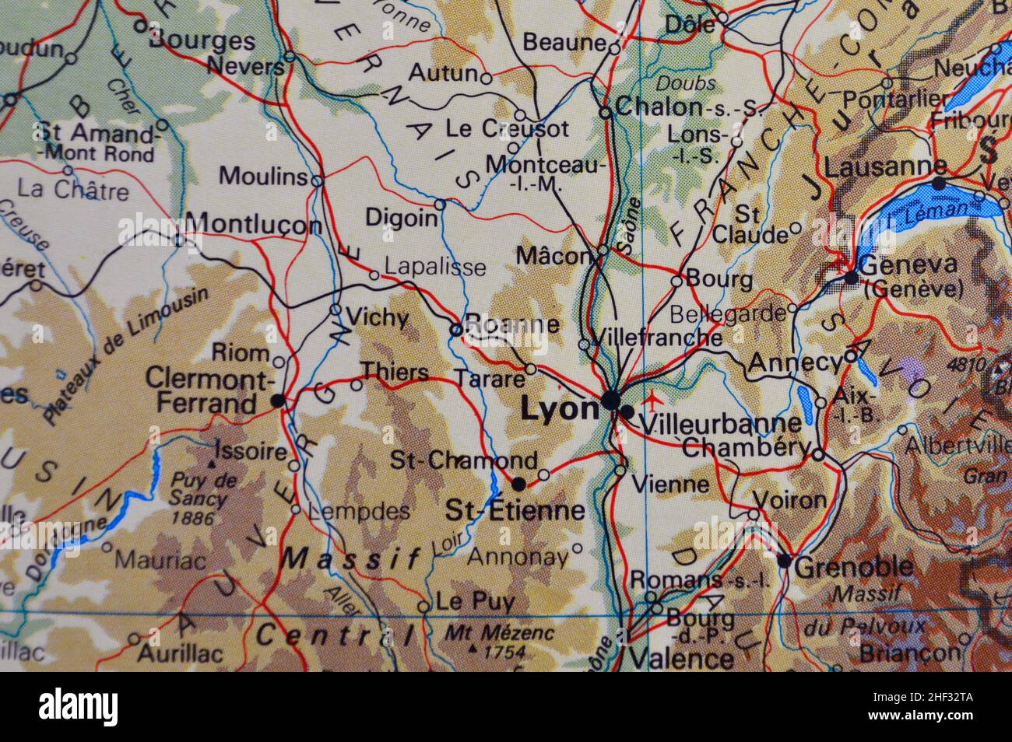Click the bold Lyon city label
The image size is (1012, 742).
pos(559,409)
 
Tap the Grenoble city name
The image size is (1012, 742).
pos(855,567)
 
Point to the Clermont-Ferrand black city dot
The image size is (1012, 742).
pos(278,400)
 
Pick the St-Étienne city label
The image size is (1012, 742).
pos(515,510)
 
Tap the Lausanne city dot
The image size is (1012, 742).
pos(940,184)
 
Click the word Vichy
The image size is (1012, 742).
pos(377,317)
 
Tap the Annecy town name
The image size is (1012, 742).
pos(794,363)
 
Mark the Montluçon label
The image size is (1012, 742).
pos(255,225)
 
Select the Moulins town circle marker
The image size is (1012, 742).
pos(317,181)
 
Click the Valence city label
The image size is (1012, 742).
pos(680,660)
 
